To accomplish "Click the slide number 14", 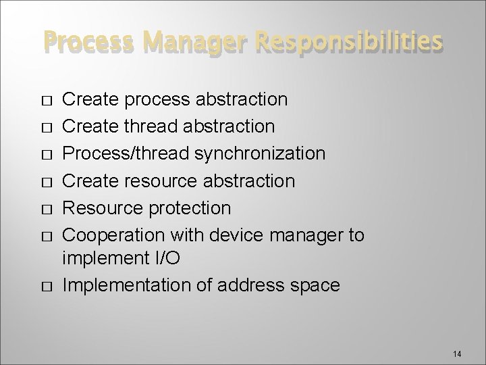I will pyautogui.click(x=457, y=337).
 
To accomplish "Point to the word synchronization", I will pyautogui.click(x=260, y=154).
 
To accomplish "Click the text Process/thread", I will pyautogui.click(x=126, y=153).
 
